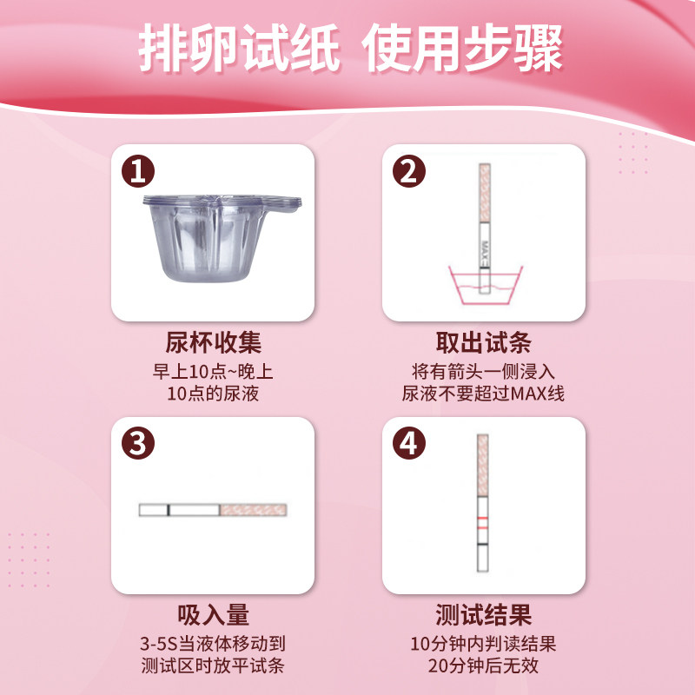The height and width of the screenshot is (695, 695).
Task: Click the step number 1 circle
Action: click(x=138, y=171)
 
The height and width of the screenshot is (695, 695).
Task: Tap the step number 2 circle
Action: click(x=409, y=171)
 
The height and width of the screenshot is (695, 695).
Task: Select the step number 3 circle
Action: click(x=138, y=444)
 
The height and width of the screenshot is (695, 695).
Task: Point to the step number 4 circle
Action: click(x=409, y=444)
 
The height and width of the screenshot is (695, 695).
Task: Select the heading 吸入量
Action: click(x=213, y=615)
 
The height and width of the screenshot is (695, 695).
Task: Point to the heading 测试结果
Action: click(x=483, y=615)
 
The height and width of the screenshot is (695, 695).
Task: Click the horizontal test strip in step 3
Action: click(x=213, y=510)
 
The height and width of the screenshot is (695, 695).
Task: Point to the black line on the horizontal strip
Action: click(x=168, y=510)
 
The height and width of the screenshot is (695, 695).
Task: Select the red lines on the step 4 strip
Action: click(x=482, y=522)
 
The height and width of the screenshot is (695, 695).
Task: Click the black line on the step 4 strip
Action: click(x=482, y=544)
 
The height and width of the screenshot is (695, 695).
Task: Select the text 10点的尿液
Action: click(x=213, y=394)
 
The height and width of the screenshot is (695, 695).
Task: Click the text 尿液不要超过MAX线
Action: click(x=483, y=394)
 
